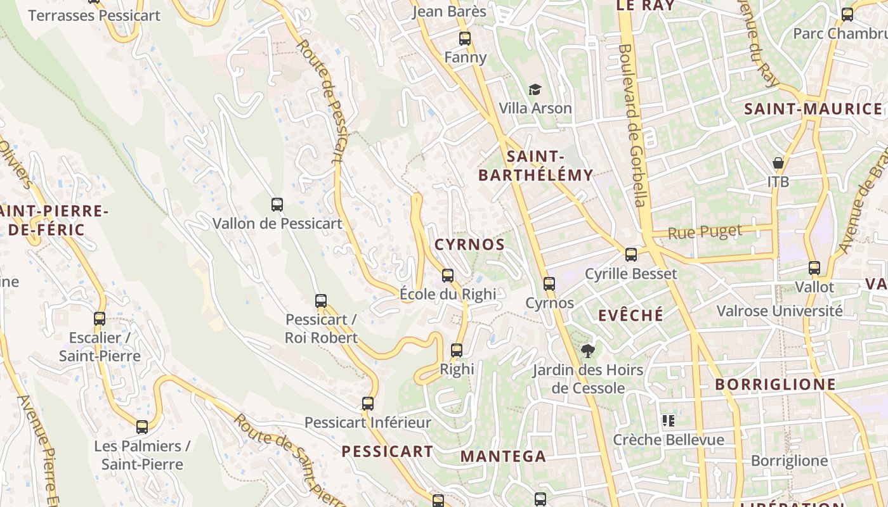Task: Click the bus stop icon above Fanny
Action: click(465, 38)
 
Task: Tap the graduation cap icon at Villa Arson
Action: click(535, 90)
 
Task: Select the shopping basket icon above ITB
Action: click(778, 163)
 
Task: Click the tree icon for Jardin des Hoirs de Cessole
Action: click(588, 350)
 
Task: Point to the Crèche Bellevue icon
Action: click(668, 420)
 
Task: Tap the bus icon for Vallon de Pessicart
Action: click(277, 204)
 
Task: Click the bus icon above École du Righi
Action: click(448, 275)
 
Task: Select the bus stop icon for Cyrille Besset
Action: click(630, 255)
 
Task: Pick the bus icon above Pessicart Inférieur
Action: click(368, 403)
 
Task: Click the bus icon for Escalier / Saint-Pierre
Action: click(100, 318)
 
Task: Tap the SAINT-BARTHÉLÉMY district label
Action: click(536, 165)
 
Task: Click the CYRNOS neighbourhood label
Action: click(470, 245)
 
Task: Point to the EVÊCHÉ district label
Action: click(631, 315)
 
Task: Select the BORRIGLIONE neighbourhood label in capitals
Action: click(776, 385)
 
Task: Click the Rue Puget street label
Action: click(705, 233)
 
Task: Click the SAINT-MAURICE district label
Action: click(813, 109)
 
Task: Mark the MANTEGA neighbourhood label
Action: click(503, 456)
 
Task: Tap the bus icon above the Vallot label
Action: click(814, 268)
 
